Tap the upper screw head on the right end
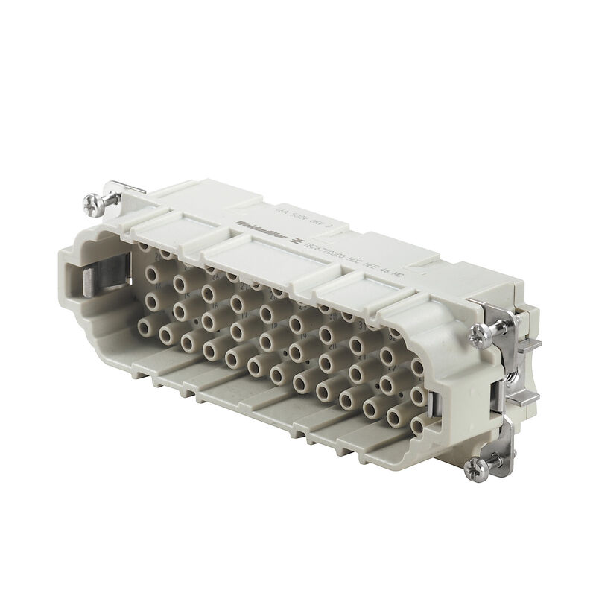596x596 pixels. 479,335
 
